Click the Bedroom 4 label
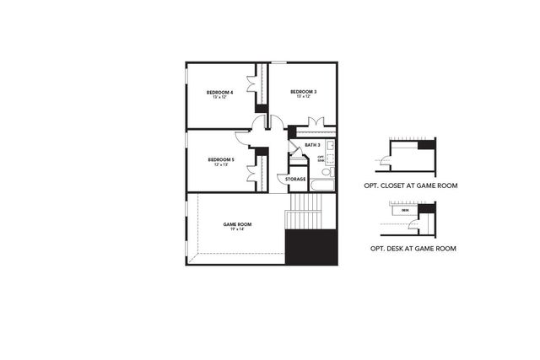click(220, 92)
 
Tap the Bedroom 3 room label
click(304, 91)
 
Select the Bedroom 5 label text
click(220, 159)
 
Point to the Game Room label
click(237, 224)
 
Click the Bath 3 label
click(312, 145)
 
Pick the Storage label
click(295, 180)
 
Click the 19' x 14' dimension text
click(237, 229)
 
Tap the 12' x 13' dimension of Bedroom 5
click(220, 164)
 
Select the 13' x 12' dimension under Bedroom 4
click(220, 97)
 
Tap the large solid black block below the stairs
click(311, 249)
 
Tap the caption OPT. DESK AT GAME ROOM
click(413, 249)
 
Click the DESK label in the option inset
click(406, 209)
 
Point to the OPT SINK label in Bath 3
click(321, 159)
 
